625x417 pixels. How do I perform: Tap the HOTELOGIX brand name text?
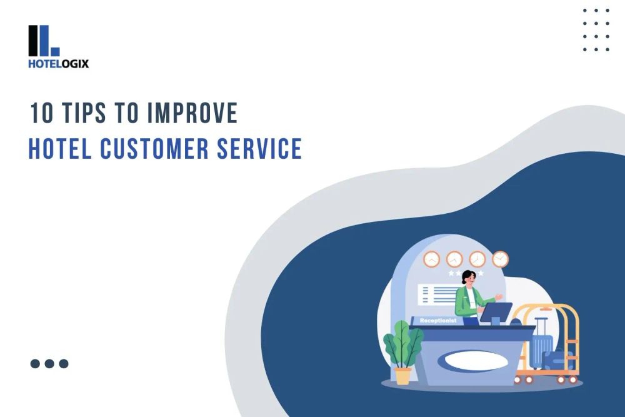(x=58, y=63)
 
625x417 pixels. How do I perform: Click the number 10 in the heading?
(x=41, y=113)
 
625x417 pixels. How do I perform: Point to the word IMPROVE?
(x=193, y=113)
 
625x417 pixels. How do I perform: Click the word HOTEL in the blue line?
(x=60, y=149)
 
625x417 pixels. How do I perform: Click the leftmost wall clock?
(x=431, y=259)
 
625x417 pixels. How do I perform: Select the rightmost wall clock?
(x=501, y=259)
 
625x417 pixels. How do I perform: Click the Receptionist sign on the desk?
(x=437, y=321)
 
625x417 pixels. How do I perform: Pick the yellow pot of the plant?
(x=403, y=376)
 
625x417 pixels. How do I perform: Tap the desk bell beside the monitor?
(x=516, y=321)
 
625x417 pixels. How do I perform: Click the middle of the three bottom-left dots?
(x=49, y=363)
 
